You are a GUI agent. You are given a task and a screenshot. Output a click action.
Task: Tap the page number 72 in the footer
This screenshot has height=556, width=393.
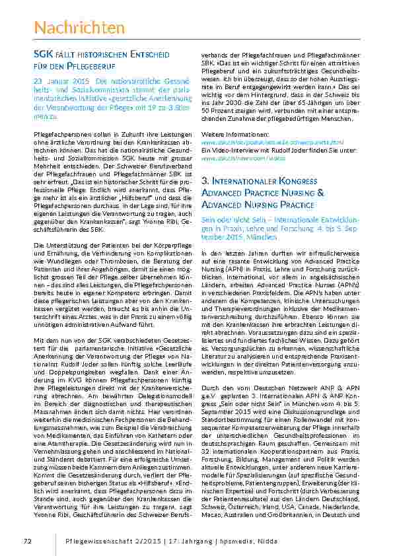click(x=28, y=541)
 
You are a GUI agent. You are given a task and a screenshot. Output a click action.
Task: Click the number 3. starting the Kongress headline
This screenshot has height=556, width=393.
click(x=205, y=180)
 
